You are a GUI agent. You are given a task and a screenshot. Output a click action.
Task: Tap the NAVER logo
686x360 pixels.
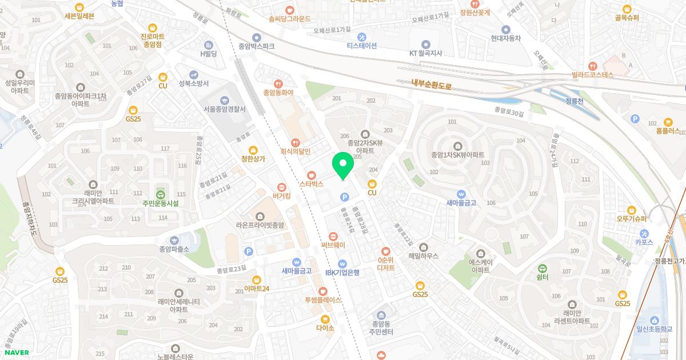point(17,353)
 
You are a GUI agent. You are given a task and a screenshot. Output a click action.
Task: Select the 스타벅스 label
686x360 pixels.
point(312,184)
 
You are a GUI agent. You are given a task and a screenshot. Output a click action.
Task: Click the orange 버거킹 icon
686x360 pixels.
point(281,187)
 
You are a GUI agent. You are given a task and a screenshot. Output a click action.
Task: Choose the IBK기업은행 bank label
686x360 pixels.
point(342,273)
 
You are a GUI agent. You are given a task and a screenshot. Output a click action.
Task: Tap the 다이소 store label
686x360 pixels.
point(325,328)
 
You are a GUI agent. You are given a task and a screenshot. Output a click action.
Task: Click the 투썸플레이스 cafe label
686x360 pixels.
point(322,299)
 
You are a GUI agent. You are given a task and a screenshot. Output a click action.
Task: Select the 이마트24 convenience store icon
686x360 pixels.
point(256,279)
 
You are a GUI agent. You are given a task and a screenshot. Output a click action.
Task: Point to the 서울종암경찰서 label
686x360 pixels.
point(224,109)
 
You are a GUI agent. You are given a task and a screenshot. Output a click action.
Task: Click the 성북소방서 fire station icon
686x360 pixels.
point(194,74)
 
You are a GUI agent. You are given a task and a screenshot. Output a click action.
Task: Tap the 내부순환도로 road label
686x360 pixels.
point(432,86)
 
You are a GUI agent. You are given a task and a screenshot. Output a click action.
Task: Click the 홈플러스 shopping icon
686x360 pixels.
point(668,122)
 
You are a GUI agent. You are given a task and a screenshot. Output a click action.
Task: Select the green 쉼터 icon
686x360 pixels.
point(543,268)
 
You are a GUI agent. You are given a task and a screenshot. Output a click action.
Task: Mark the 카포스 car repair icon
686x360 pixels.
point(644,233)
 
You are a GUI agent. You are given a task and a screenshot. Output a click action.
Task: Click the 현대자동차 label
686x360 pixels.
point(505,38)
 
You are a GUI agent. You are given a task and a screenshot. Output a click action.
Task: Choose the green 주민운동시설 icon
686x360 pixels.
point(161,194)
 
